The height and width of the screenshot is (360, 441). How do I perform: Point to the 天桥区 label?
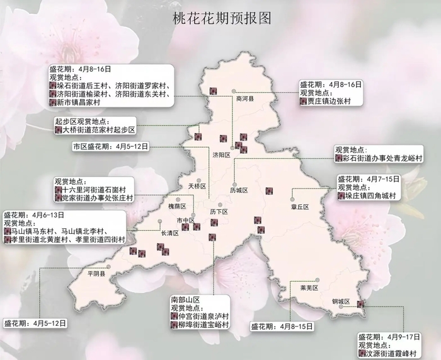tap(197, 187)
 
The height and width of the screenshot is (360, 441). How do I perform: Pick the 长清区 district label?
tap(170, 233)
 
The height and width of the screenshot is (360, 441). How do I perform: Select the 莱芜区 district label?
tap(310, 288)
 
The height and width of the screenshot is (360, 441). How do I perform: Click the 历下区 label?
tap(218, 212)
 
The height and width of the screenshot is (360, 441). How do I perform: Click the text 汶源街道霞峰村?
tap(391, 354)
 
